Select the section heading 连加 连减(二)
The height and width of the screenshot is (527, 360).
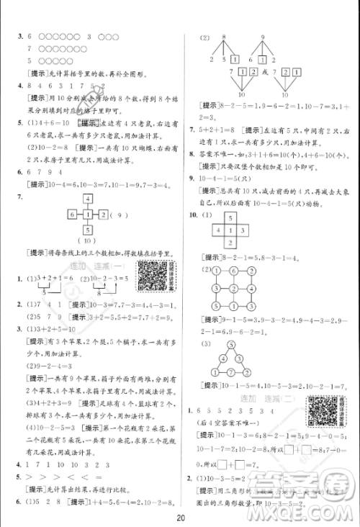coord(274,400)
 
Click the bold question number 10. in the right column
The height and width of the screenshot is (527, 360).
coord(192,215)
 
